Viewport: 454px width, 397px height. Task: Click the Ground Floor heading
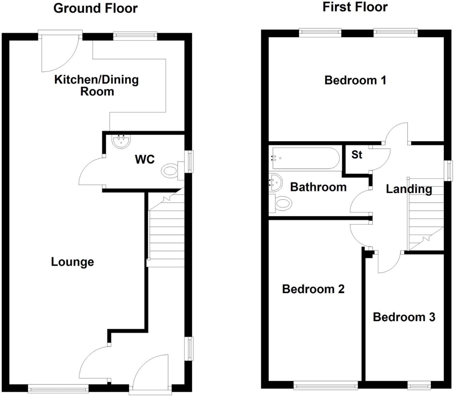[96, 8]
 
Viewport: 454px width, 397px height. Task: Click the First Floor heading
[355, 7]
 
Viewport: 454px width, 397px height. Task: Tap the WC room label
[145, 159]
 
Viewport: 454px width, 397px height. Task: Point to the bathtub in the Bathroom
[305, 158]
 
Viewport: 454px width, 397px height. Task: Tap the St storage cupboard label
[356, 155]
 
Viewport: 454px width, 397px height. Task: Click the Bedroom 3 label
[404, 317]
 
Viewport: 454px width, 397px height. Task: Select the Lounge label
[72, 262]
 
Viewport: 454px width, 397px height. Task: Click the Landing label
[409, 189]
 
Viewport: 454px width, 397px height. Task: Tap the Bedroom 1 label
[355, 80]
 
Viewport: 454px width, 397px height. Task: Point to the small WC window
[189, 161]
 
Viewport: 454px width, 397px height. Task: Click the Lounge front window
[58, 388]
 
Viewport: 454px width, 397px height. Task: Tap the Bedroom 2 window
[326, 386]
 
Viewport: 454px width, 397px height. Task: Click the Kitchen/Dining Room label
[96, 85]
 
